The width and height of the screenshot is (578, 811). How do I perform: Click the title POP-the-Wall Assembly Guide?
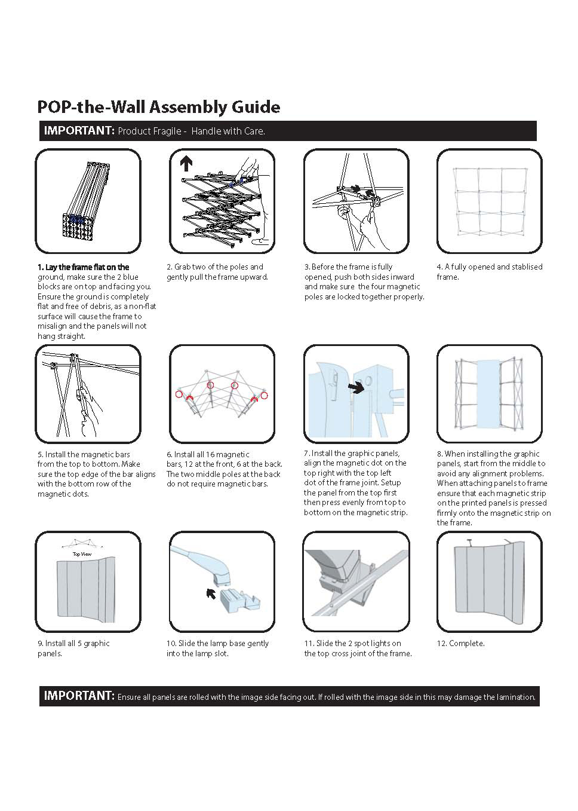point(158,107)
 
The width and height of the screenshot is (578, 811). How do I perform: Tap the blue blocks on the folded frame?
point(75,219)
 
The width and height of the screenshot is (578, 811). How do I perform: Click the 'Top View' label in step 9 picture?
point(82,554)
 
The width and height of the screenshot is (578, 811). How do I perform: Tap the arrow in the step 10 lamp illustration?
point(211,592)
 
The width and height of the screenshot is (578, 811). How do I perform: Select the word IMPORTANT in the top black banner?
point(79,130)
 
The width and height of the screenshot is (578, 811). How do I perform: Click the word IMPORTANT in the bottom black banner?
point(78,696)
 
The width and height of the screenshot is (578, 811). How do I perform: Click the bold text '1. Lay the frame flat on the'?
point(83,267)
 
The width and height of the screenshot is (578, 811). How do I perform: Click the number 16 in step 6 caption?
point(210,454)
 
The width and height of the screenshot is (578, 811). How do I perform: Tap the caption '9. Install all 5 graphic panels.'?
point(73,648)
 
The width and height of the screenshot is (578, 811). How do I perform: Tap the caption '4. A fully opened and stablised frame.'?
point(489,272)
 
